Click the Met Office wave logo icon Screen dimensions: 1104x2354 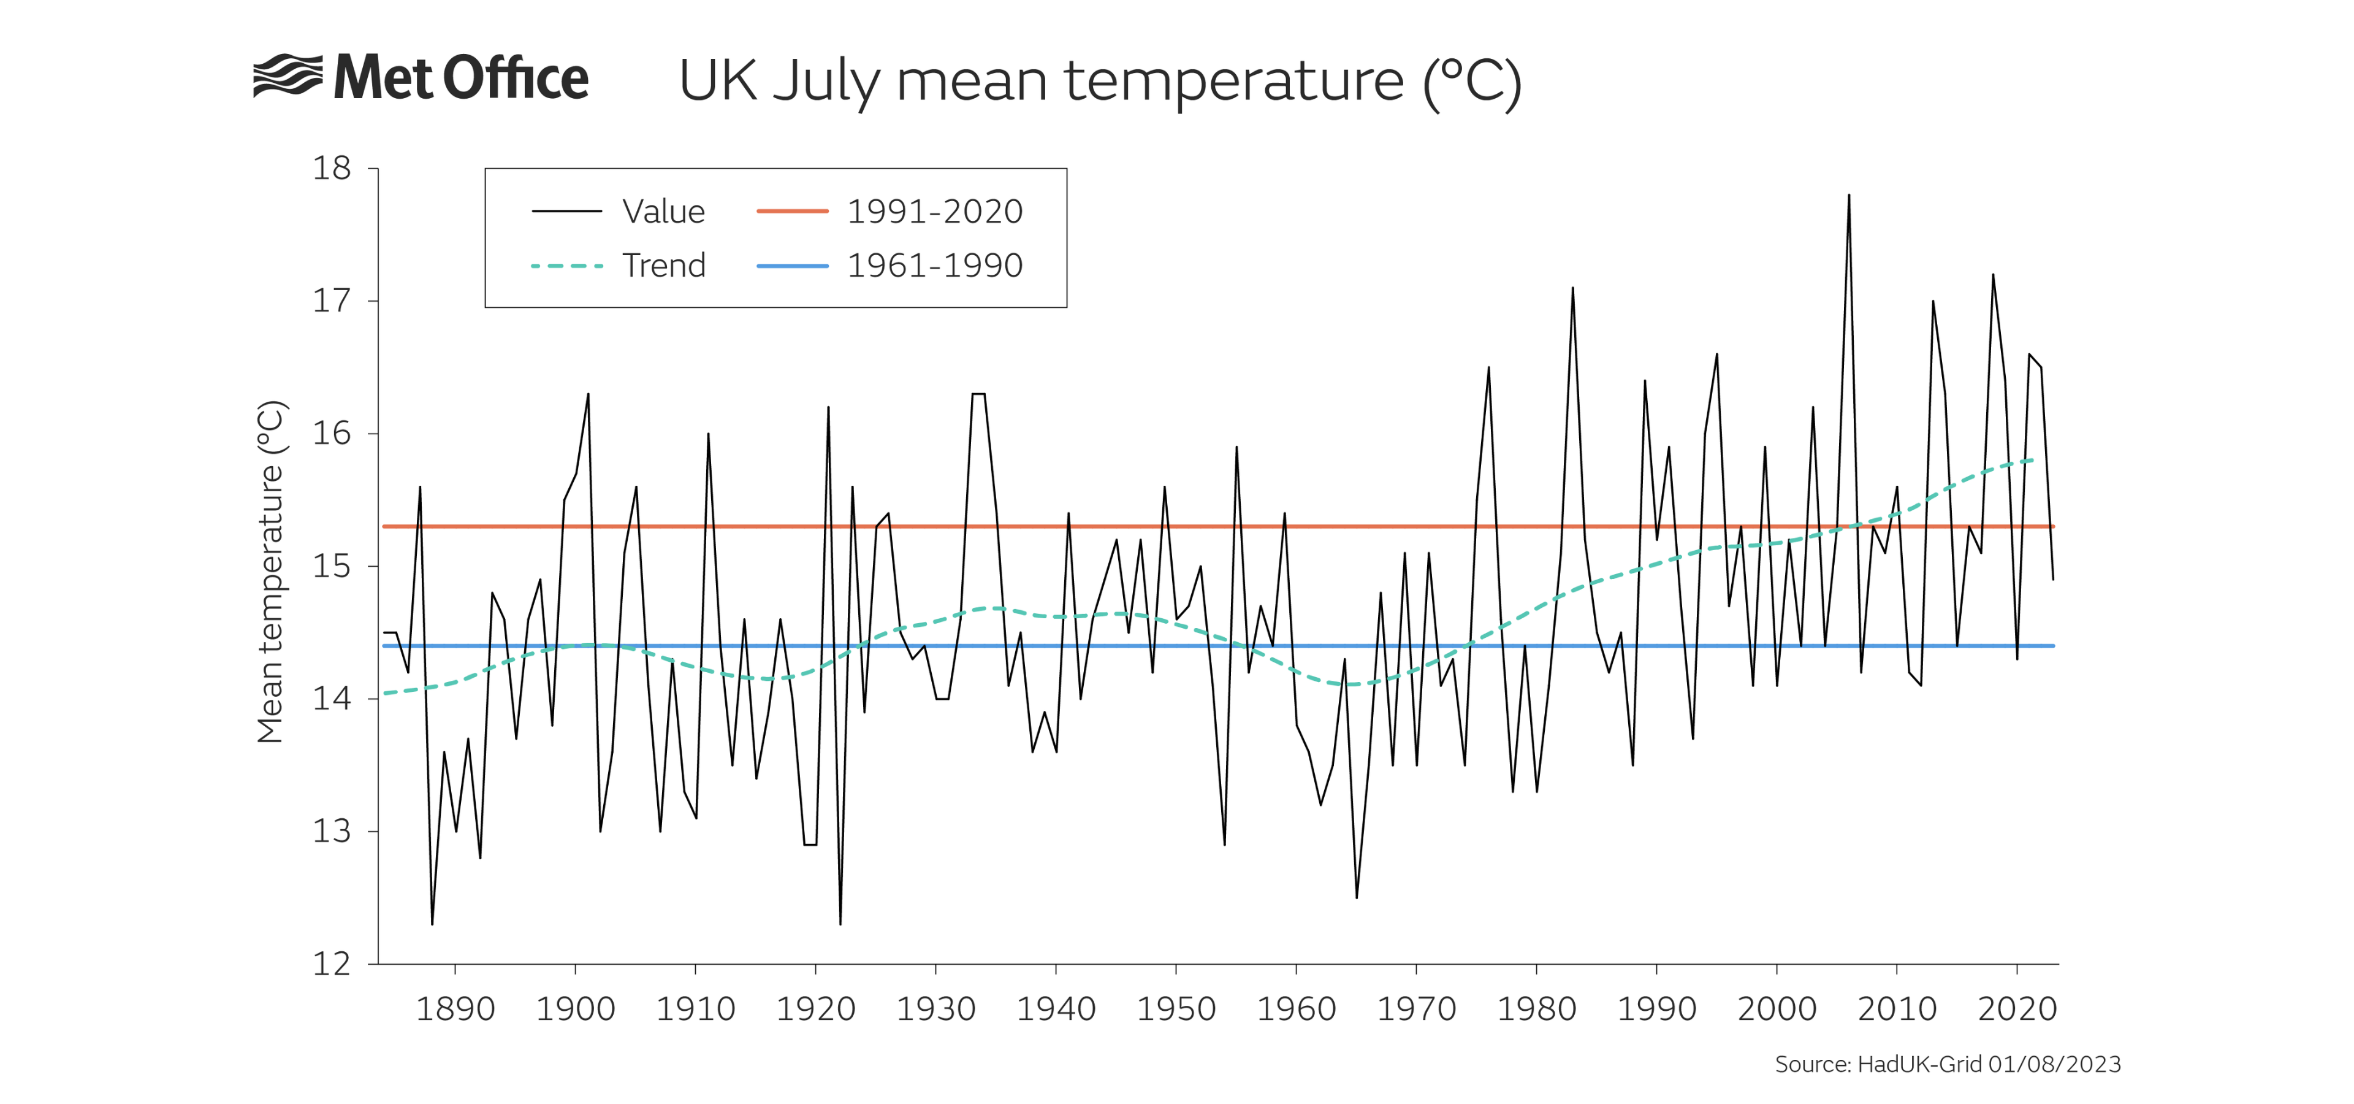287,76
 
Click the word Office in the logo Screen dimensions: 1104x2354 516,78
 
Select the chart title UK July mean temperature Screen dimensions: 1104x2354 1099,82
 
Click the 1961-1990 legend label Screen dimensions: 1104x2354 934,265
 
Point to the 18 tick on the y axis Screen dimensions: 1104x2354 332,168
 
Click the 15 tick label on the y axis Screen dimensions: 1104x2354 332,565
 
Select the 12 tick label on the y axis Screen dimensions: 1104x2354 332,964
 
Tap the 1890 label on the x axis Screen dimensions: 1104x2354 455,1009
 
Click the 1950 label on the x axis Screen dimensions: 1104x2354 1176,1009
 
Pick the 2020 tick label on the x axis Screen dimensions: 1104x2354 2017,1009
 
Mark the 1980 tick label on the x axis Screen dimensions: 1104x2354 1536,1009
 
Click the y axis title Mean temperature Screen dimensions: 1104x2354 272,571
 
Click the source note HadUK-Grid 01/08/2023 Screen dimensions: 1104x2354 1948,1064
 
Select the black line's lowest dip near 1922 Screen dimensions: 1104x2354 840,923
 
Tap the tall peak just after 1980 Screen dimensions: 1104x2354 1572,289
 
